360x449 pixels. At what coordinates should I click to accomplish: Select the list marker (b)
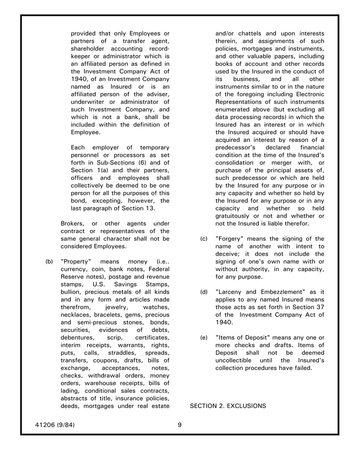(49, 261)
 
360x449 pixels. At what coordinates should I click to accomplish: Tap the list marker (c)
(204, 239)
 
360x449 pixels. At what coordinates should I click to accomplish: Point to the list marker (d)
(204, 292)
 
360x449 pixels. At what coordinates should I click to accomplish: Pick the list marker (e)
(204, 338)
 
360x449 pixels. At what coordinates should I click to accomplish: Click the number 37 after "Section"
(320, 307)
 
